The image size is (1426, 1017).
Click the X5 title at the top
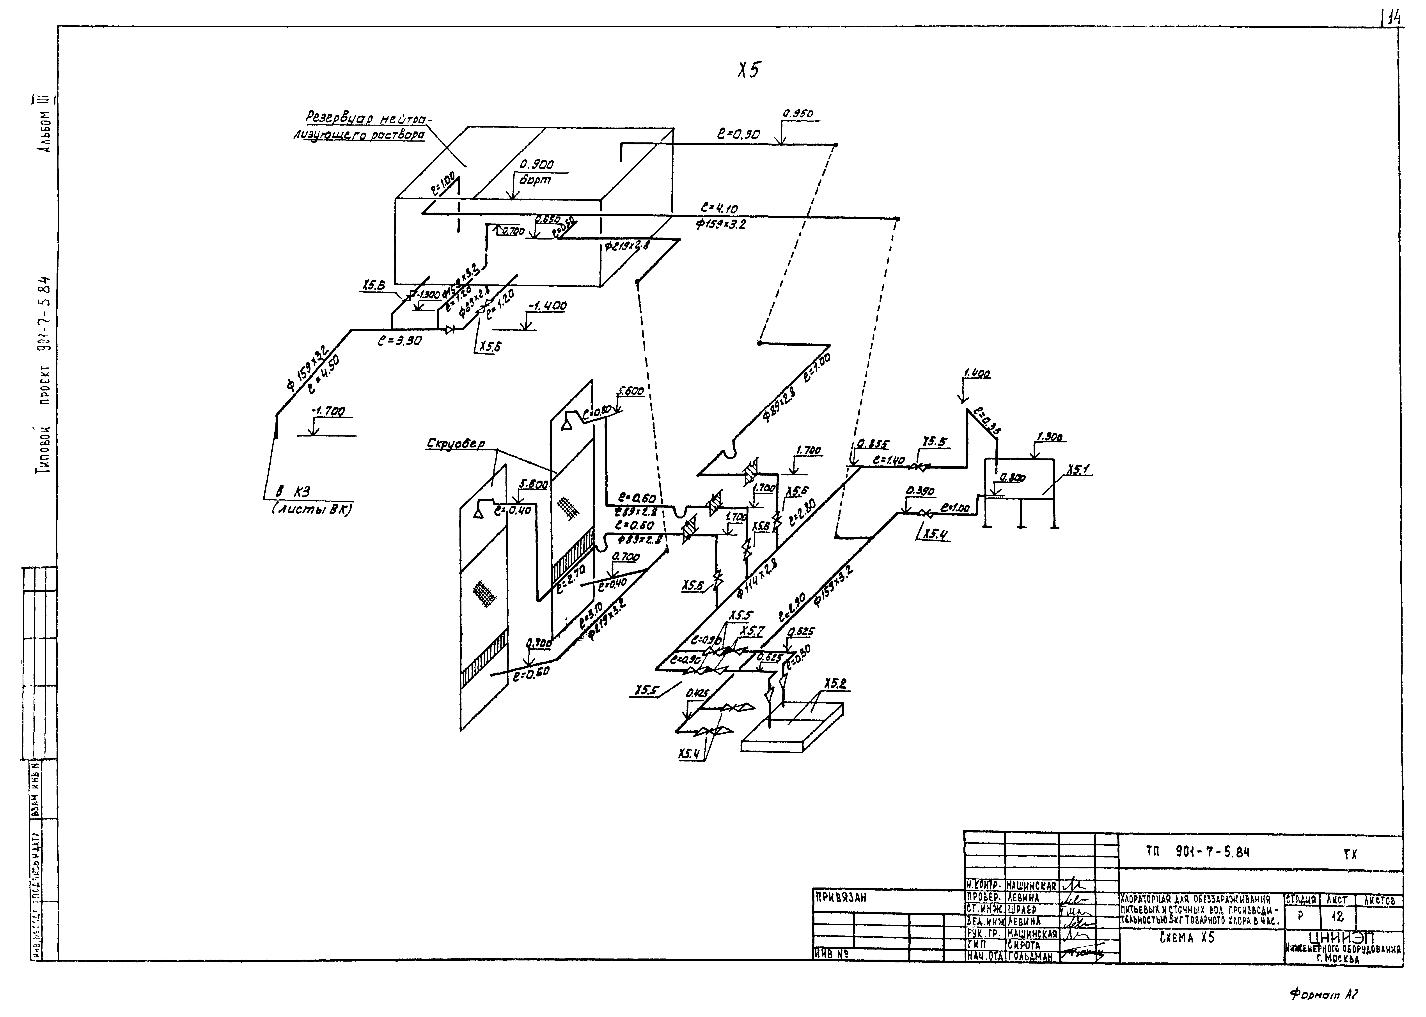pos(748,70)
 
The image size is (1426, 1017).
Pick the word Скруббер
pos(456,443)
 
